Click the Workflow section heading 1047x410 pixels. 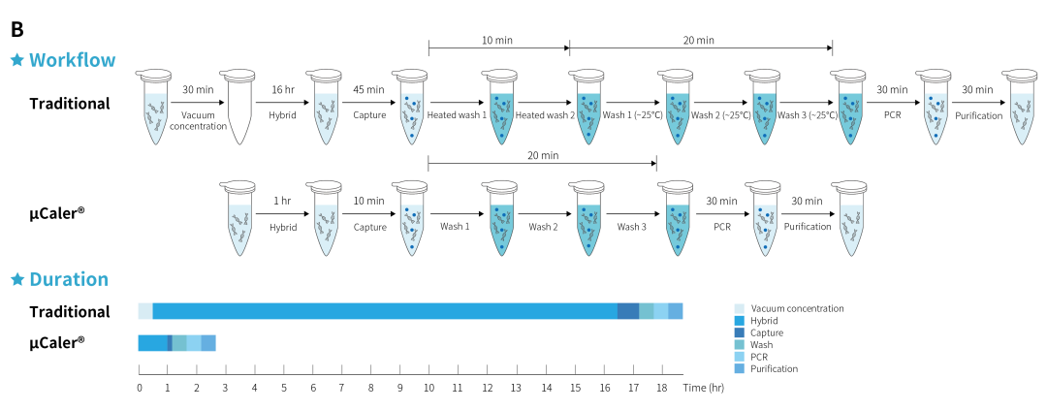click(73, 60)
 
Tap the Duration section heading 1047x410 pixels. click(69, 279)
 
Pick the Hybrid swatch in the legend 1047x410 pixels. click(740, 321)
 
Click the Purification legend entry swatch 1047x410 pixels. click(740, 369)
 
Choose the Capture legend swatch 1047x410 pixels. click(740, 332)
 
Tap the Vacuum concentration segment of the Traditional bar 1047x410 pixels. click(145, 311)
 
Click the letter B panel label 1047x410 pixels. click(16, 28)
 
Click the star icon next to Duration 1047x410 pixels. click(16, 280)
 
